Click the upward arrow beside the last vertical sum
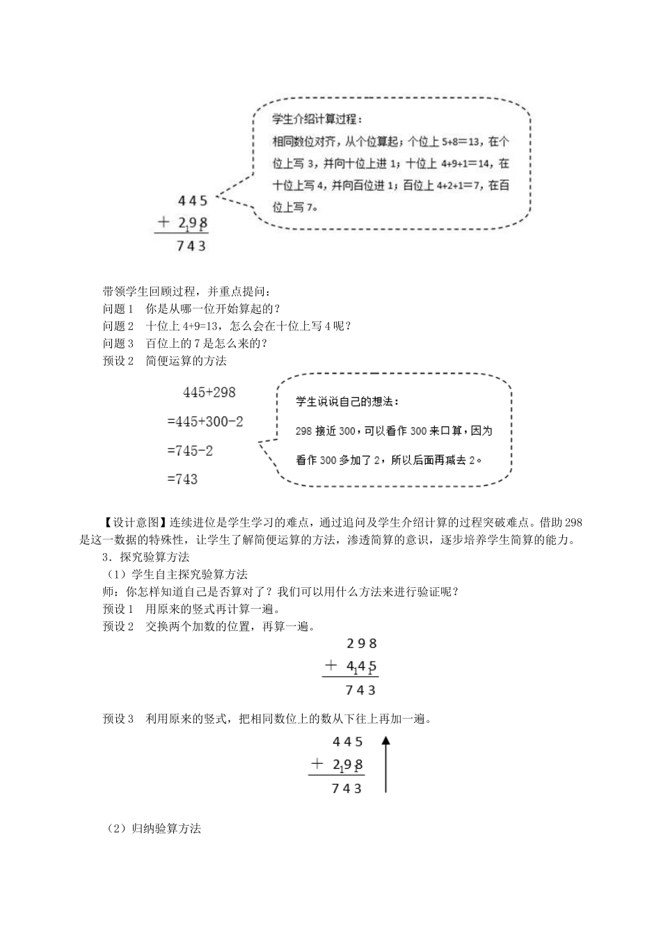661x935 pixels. pos(385,765)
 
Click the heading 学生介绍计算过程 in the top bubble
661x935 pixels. pos(317,120)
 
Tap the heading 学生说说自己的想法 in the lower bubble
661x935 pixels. pos(347,401)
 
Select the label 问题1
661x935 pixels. pos(118,309)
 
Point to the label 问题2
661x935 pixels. pos(118,326)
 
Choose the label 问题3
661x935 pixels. pos(118,344)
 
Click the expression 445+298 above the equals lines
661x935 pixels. pos(209,392)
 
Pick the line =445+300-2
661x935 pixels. pos(205,422)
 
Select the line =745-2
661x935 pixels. pos(190,451)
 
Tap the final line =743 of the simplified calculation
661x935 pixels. pos(182,479)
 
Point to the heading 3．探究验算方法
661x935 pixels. pos(145,557)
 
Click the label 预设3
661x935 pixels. pos(118,719)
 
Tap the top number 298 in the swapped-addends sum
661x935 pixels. pos(361,644)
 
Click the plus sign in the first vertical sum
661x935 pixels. pos(164,223)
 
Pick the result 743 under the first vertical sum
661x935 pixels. pos(192,246)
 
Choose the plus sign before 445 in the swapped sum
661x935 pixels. pos(331,666)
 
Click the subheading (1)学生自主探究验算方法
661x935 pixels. pos(175,575)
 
